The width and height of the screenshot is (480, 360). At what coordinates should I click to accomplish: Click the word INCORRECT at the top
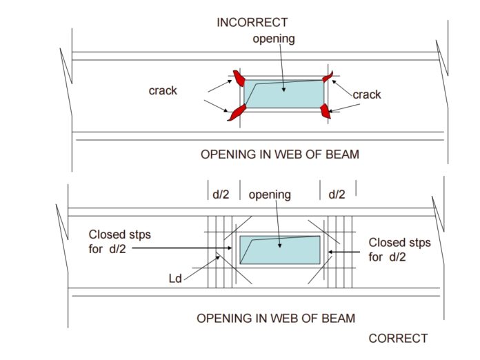[x=252, y=23]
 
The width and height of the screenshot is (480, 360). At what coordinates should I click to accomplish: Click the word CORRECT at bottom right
[x=398, y=339]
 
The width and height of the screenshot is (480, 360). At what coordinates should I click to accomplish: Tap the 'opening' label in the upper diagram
[x=273, y=39]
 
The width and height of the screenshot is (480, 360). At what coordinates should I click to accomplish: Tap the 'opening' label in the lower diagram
[x=270, y=195]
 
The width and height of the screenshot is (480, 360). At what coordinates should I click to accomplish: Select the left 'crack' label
[x=163, y=90]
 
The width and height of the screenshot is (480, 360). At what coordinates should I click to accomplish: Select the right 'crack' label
[x=367, y=94]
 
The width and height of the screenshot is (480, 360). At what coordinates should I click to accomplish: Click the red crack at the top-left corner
[x=239, y=77]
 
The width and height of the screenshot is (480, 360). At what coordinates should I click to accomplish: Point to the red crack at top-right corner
[x=328, y=77]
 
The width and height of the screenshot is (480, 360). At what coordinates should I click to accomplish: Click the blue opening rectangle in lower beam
[x=279, y=250]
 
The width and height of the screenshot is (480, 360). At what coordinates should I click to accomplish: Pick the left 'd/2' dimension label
[x=221, y=195]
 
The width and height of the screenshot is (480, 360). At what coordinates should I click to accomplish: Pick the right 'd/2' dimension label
[x=337, y=195]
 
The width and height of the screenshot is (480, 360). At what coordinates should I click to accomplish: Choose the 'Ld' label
[x=175, y=279]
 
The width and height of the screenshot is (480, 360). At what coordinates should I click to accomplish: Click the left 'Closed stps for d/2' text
[x=119, y=241]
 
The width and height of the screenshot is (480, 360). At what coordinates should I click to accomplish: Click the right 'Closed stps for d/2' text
[x=399, y=250]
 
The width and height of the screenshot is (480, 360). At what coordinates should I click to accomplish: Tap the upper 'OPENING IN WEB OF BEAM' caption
[x=279, y=154]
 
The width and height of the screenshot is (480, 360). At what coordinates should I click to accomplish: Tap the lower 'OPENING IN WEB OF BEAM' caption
[x=276, y=318]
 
